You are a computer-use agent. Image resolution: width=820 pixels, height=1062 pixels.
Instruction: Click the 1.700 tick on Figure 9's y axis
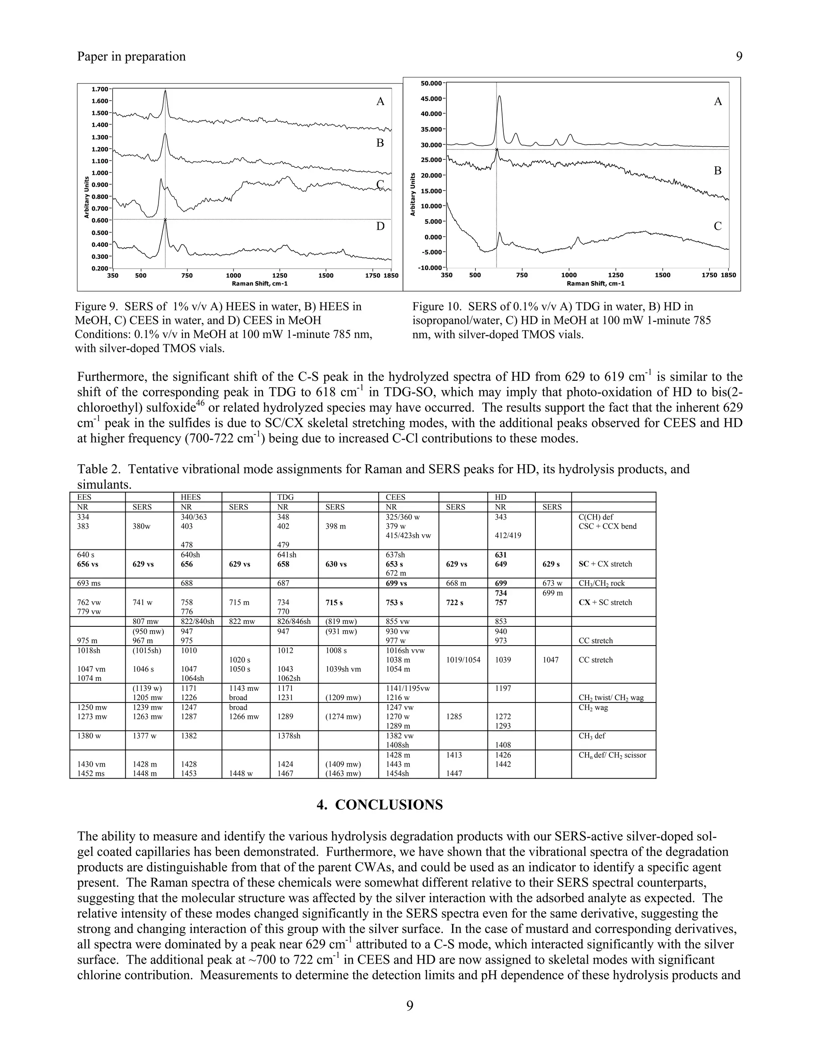pos(100,89)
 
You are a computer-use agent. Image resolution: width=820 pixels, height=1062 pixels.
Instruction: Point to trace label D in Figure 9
pos(380,226)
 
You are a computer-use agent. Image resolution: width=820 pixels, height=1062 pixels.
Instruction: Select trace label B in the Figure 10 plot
pos(717,171)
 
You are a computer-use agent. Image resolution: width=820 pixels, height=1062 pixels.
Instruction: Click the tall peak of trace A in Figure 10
pos(499,97)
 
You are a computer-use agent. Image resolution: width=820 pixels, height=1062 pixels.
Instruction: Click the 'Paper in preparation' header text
pos(131,57)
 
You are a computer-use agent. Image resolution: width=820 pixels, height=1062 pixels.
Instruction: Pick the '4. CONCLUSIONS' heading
pos(380,805)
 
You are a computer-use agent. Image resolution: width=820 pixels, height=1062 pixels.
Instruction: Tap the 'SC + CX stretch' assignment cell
pos(605,564)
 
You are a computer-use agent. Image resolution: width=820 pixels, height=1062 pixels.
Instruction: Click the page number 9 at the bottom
pos(410,1005)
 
